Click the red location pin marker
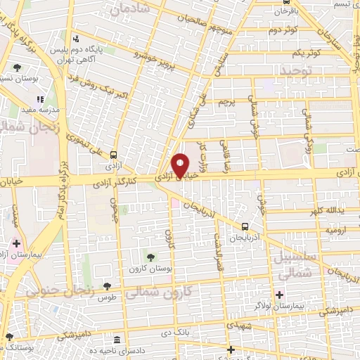(180, 165)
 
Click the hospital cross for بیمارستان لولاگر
(280, 294)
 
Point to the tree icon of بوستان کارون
(148, 254)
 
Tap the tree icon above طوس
(107, 286)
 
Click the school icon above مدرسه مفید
(40, 100)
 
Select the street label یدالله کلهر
(323, 210)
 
